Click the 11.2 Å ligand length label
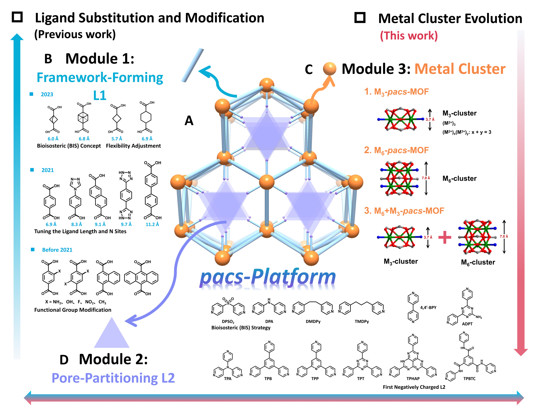click(152, 224)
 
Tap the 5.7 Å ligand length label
click(117, 139)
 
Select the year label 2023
click(47, 94)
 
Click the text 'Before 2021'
click(57, 250)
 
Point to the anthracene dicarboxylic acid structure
click(142, 278)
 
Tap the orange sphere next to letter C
click(330, 69)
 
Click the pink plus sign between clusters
click(445, 237)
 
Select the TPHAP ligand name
click(413, 379)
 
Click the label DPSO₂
click(228, 322)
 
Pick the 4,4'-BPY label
click(428, 308)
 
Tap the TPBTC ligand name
click(469, 379)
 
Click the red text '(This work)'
click(409, 36)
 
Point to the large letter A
click(189, 121)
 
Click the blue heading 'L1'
click(100, 95)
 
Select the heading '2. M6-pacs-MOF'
click(396, 150)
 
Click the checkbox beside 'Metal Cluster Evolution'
click(360, 18)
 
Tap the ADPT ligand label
click(467, 324)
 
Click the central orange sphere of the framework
click(267, 182)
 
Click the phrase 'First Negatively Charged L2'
click(414, 387)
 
